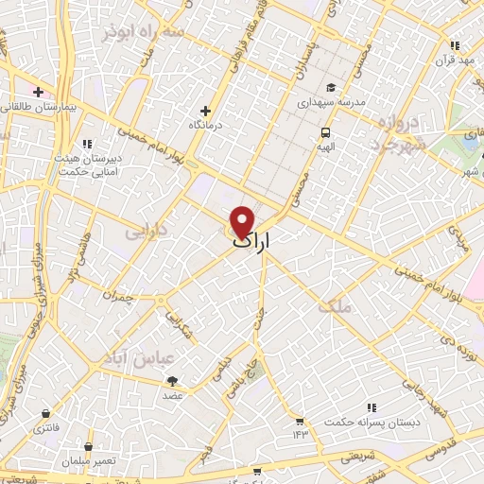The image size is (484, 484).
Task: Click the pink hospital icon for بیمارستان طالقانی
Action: click(x=38, y=92)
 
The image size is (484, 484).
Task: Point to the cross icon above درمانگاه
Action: click(x=205, y=111)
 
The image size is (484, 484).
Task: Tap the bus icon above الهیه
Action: click(x=325, y=132)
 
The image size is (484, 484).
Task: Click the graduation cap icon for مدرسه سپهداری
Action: click(x=330, y=88)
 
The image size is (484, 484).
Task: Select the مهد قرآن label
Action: click(x=453, y=60)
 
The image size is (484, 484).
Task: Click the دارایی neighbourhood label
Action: click(x=147, y=230)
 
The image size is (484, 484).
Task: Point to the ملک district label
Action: click(x=334, y=306)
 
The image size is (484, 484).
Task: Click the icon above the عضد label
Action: click(x=172, y=381)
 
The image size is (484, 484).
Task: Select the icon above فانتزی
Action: click(x=45, y=414)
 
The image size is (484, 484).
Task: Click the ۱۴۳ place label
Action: click(x=301, y=434)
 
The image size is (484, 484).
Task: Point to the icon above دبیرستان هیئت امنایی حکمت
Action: click(x=87, y=144)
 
